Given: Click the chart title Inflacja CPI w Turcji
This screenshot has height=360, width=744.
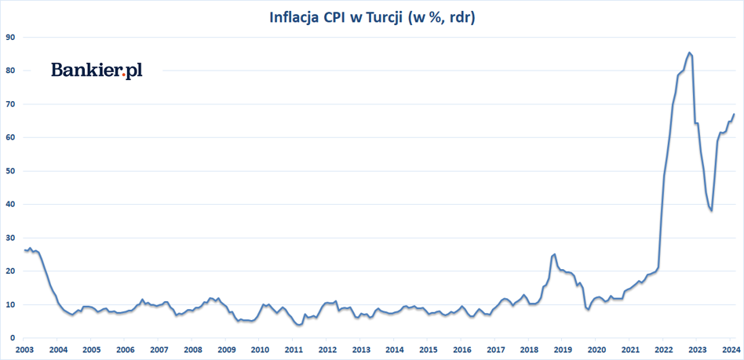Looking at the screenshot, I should coord(372,17).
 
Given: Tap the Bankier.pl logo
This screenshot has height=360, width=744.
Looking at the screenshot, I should coord(97,71).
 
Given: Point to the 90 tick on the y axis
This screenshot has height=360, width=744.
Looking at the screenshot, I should coord(11,37).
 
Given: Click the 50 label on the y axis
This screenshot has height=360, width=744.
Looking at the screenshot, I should coord(11,171).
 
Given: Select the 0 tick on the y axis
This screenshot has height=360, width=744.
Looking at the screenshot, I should coord(13,338).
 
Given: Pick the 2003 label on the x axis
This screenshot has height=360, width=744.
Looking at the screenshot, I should coord(24,350).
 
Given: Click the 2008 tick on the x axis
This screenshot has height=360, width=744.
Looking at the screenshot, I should coord(192,350).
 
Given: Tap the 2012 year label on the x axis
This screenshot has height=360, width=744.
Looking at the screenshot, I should coord(327,350).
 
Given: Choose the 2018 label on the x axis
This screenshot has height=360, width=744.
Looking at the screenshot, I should coord(529,350).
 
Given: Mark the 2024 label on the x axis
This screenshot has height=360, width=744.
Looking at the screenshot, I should coord(731,350).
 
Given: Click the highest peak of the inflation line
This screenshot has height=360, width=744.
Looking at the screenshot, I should coord(688,53).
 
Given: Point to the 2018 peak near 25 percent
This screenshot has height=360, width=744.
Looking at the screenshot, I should coord(554,253).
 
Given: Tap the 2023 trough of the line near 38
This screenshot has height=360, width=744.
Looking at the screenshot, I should coord(711,211).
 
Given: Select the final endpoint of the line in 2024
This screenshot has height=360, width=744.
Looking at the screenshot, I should coord(734,115).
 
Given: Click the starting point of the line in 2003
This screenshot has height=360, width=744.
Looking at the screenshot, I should coord(24,249).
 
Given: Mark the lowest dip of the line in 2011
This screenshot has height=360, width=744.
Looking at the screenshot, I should coord(298,325).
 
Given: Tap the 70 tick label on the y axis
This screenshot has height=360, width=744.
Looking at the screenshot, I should coord(11,104).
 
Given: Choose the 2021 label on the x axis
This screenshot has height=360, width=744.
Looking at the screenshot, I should coord(629,350).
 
